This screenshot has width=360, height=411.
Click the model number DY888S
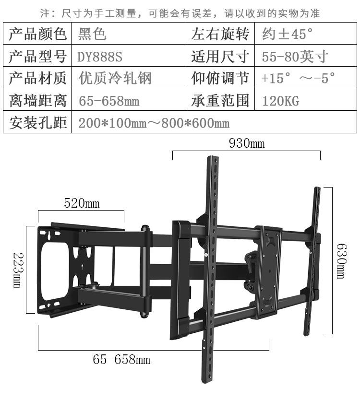100,57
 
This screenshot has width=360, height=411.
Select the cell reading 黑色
92,34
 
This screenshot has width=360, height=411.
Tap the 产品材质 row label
37,79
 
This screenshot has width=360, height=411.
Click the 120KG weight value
280,101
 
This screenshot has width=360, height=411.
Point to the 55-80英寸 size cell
295,57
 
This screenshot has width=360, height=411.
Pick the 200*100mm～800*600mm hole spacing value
154,123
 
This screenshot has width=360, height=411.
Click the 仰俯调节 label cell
220,79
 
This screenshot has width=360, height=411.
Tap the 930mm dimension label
247,143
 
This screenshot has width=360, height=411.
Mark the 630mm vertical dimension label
341,262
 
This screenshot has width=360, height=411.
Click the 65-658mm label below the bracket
121,359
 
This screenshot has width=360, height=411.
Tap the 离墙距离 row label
37,101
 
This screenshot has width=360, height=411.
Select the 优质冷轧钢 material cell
115,79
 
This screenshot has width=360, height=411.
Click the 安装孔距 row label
37,123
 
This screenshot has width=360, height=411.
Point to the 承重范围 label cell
220,101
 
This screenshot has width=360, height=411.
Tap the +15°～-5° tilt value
298,79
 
